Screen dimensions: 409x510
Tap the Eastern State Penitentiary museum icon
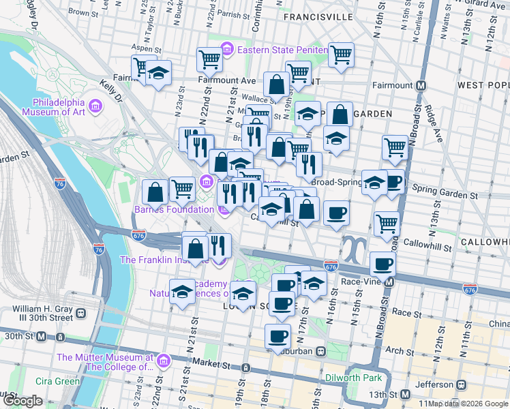click(x=227, y=49)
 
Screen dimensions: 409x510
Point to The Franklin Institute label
click(x=165, y=260)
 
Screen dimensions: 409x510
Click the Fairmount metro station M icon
click(x=421, y=86)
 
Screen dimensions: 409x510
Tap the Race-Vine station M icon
click(x=389, y=281)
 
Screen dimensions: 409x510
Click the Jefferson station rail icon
click(x=462, y=384)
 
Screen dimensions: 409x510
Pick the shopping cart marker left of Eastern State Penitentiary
click(x=209, y=59)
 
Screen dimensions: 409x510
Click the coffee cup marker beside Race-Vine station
click(x=382, y=264)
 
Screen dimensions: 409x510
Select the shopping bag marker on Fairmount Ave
click(x=276, y=85)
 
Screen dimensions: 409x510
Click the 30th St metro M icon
click(x=42, y=336)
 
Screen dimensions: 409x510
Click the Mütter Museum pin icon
click(x=162, y=360)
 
